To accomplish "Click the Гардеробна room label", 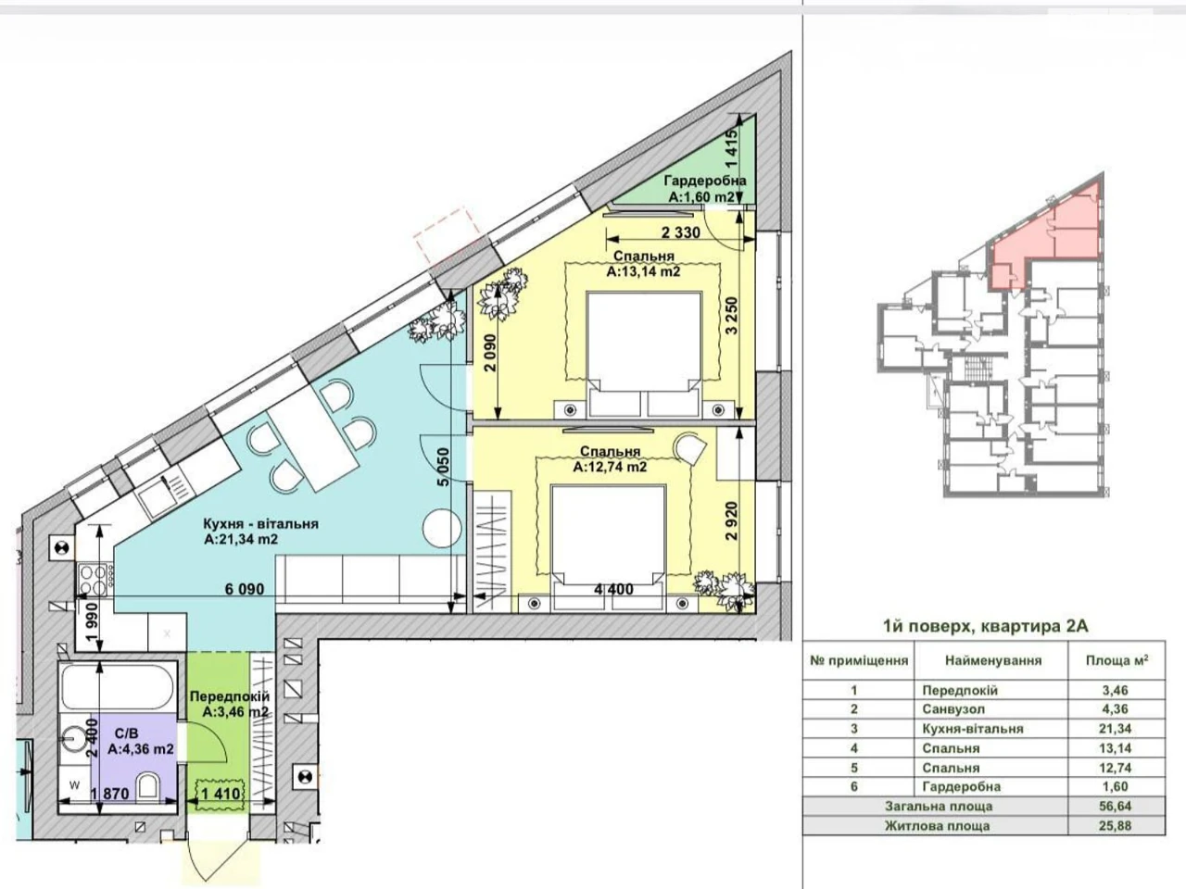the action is [x=705, y=181].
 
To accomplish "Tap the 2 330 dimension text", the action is [x=680, y=233].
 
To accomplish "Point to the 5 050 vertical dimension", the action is [x=444, y=468].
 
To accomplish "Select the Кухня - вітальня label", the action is [x=261, y=523].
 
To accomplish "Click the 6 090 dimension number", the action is [x=245, y=589].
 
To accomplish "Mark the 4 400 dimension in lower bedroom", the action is [x=613, y=589].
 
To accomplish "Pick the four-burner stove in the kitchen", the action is [x=94, y=579].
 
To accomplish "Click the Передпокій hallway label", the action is [x=230, y=696].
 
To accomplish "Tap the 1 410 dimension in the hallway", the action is [x=221, y=794].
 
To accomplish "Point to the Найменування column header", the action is [x=993, y=660].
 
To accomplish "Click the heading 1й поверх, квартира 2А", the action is [x=986, y=626].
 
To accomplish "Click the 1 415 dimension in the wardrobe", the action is [x=731, y=149].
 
